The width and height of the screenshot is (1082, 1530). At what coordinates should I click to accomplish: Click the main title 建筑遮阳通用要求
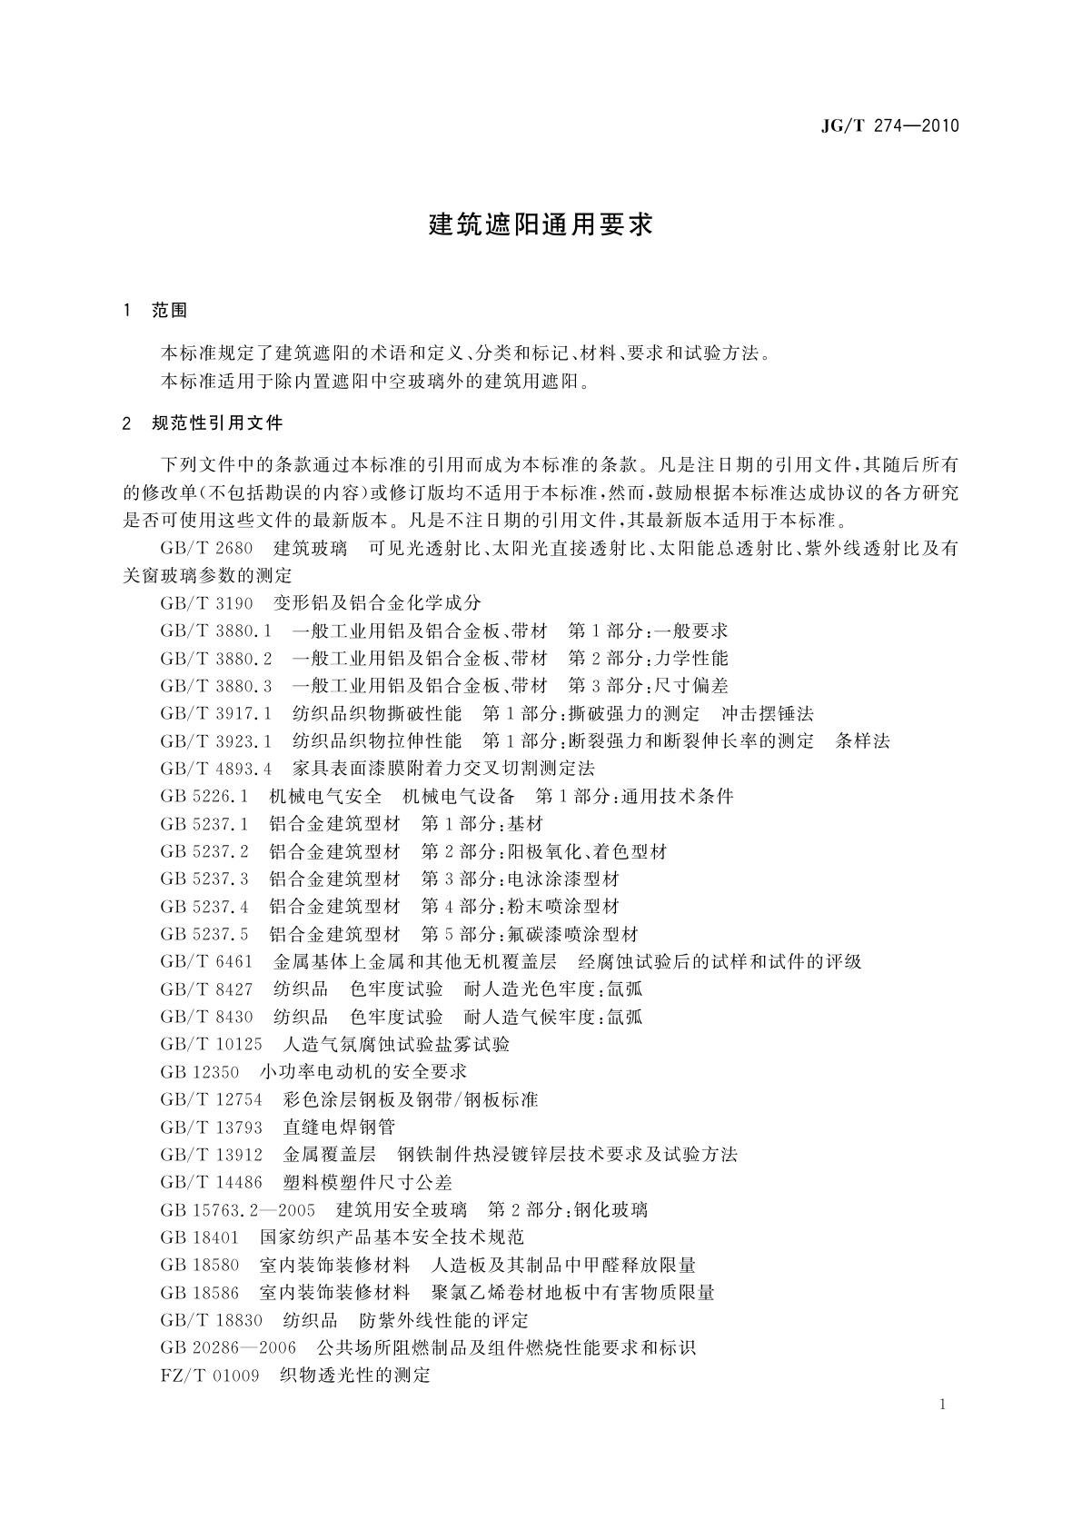(541, 225)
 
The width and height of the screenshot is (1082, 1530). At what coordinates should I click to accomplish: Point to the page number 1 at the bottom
(942, 1405)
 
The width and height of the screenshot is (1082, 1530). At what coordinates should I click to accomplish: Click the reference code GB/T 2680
(206, 549)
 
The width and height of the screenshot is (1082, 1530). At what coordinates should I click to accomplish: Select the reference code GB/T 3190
(206, 603)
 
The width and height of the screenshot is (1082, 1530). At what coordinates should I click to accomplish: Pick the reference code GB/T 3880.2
(215, 659)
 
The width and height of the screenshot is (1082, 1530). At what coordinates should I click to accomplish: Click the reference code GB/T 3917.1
(215, 714)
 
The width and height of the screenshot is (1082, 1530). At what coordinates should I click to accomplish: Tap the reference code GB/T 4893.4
(215, 769)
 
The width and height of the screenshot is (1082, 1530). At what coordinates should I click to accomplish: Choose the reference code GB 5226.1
(204, 797)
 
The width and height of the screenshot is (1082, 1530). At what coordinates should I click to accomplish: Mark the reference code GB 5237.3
(204, 879)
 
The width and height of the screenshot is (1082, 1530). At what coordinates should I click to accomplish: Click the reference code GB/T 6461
(206, 961)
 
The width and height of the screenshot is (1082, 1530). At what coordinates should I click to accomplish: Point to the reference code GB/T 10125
(211, 1045)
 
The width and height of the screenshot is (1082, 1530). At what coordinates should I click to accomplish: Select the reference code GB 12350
(200, 1072)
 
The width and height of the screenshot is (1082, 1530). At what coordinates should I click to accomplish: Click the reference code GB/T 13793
(211, 1128)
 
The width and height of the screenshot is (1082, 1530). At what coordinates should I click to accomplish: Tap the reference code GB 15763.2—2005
(237, 1210)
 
